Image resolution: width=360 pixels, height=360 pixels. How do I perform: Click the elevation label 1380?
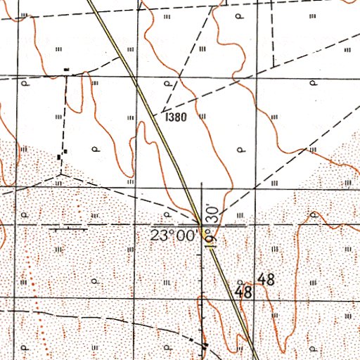point(176,117)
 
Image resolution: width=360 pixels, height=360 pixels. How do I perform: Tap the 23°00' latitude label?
point(172,236)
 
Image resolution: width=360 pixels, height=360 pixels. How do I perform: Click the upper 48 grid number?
point(266,278)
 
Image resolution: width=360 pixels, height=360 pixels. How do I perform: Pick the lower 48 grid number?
point(244,290)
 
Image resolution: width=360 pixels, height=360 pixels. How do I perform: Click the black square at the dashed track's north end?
point(67,70)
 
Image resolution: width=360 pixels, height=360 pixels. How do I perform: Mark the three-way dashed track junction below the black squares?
point(61,172)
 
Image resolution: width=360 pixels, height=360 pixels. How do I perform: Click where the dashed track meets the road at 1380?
point(162,112)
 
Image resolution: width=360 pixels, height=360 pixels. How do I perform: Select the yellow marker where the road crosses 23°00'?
point(204,230)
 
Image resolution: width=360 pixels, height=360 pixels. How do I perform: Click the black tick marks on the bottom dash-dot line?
point(204,345)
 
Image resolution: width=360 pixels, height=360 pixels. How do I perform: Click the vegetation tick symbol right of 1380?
point(202,117)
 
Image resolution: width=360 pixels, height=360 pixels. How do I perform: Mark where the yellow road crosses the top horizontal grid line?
point(133,75)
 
